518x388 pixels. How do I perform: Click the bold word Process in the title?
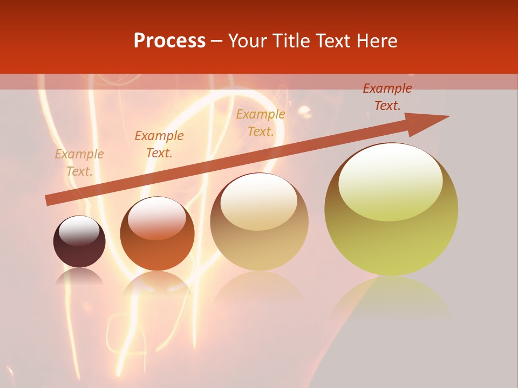tap(169, 41)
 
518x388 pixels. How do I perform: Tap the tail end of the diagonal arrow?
tap(47, 200)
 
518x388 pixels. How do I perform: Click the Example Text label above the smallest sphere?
tap(79, 163)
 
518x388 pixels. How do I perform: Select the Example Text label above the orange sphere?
tap(159, 144)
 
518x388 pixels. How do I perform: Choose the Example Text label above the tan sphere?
tap(261, 123)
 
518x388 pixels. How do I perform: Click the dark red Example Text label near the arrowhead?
tap(387, 97)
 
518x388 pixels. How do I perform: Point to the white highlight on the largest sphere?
tap(390, 181)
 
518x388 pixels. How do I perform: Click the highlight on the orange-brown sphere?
tap(156, 217)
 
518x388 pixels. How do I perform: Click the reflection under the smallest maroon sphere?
tap(79, 277)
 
